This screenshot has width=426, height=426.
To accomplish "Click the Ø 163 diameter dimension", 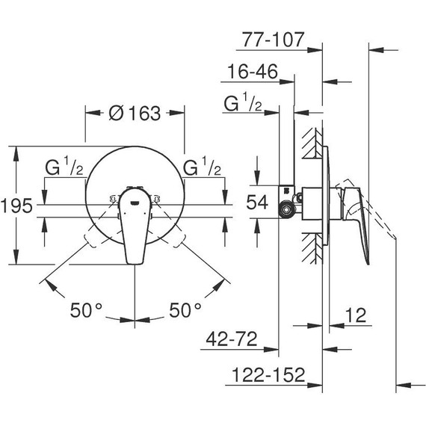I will pos(135,114).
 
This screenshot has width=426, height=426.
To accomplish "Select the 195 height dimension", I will pos(16,207).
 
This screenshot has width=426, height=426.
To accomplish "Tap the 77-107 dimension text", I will pos(274,39).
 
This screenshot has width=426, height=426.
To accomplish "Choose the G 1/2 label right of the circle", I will pos(203,166).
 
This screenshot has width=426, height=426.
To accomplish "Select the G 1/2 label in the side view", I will pos(243,105).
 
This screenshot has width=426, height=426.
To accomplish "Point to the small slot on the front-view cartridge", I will pos(135,200).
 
